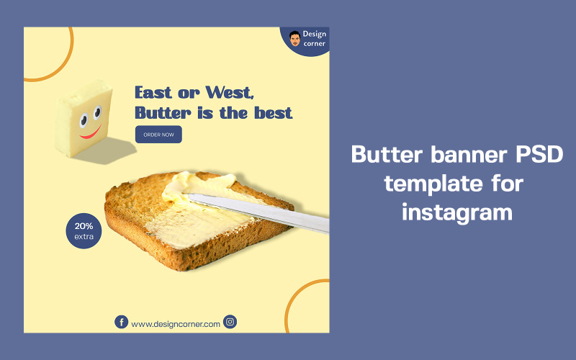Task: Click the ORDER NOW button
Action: pyautogui.click(x=158, y=135)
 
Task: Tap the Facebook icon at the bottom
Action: pyautogui.click(x=121, y=323)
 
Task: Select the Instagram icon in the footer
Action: pyautogui.click(x=230, y=323)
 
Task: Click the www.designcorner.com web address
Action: pyautogui.click(x=176, y=324)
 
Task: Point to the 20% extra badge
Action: pyautogui.click(x=84, y=230)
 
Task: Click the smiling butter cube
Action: pyautogui.click(x=84, y=119)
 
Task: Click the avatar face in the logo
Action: pyautogui.click(x=294, y=39)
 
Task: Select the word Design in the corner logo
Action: pyautogui.click(x=314, y=34)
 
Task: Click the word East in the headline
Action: pyautogui.click(x=154, y=93)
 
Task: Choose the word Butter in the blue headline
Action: pyautogui.click(x=160, y=113)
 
